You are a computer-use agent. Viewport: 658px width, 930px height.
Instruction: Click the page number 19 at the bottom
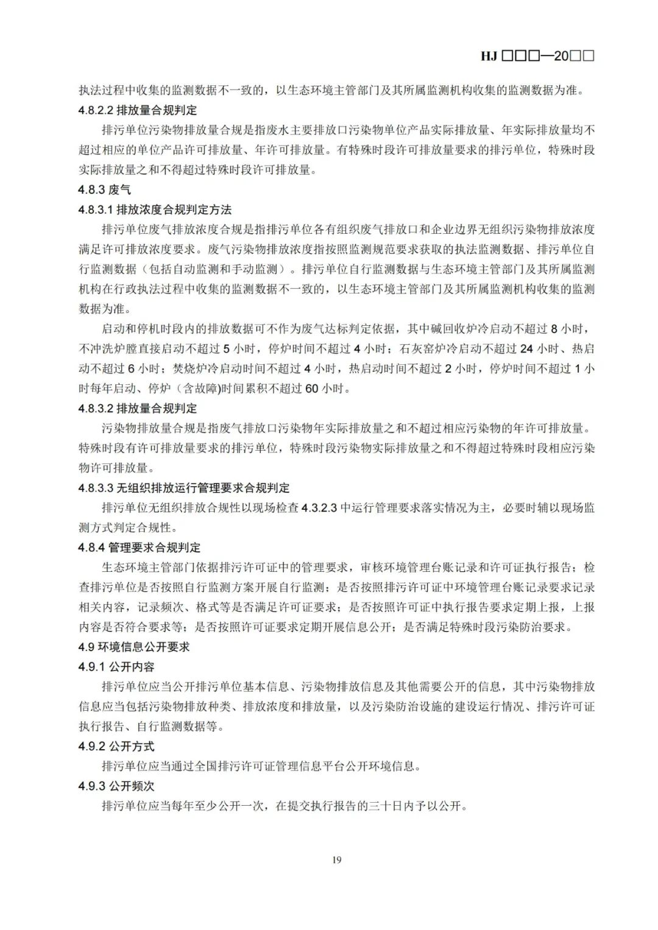point(337,859)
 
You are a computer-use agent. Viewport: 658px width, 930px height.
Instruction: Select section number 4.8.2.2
point(96,110)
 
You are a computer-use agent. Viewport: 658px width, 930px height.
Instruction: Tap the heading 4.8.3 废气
point(104,190)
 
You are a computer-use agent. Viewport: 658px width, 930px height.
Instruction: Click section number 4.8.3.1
point(96,210)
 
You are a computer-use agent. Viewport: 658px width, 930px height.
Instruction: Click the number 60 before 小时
point(311,389)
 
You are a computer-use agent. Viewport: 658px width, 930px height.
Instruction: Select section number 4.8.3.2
point(96,409)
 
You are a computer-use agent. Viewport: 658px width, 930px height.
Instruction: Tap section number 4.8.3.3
point(96,488)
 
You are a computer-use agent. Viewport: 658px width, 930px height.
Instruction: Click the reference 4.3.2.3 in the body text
point(319,508)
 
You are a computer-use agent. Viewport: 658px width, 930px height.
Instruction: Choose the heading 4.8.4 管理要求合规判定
point(139,548)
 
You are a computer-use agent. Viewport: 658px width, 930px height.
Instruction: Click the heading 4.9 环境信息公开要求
point(134,647)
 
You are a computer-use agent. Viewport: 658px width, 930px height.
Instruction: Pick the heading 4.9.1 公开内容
point(116,667)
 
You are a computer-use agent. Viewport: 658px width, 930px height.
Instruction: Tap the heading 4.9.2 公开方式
point(116,746)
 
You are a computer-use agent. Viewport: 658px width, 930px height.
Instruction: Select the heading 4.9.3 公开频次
point(116,786)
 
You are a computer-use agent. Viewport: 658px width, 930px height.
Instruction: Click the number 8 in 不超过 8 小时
point(554,329)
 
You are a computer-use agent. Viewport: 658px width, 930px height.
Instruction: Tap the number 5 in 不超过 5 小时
point(227,349)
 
